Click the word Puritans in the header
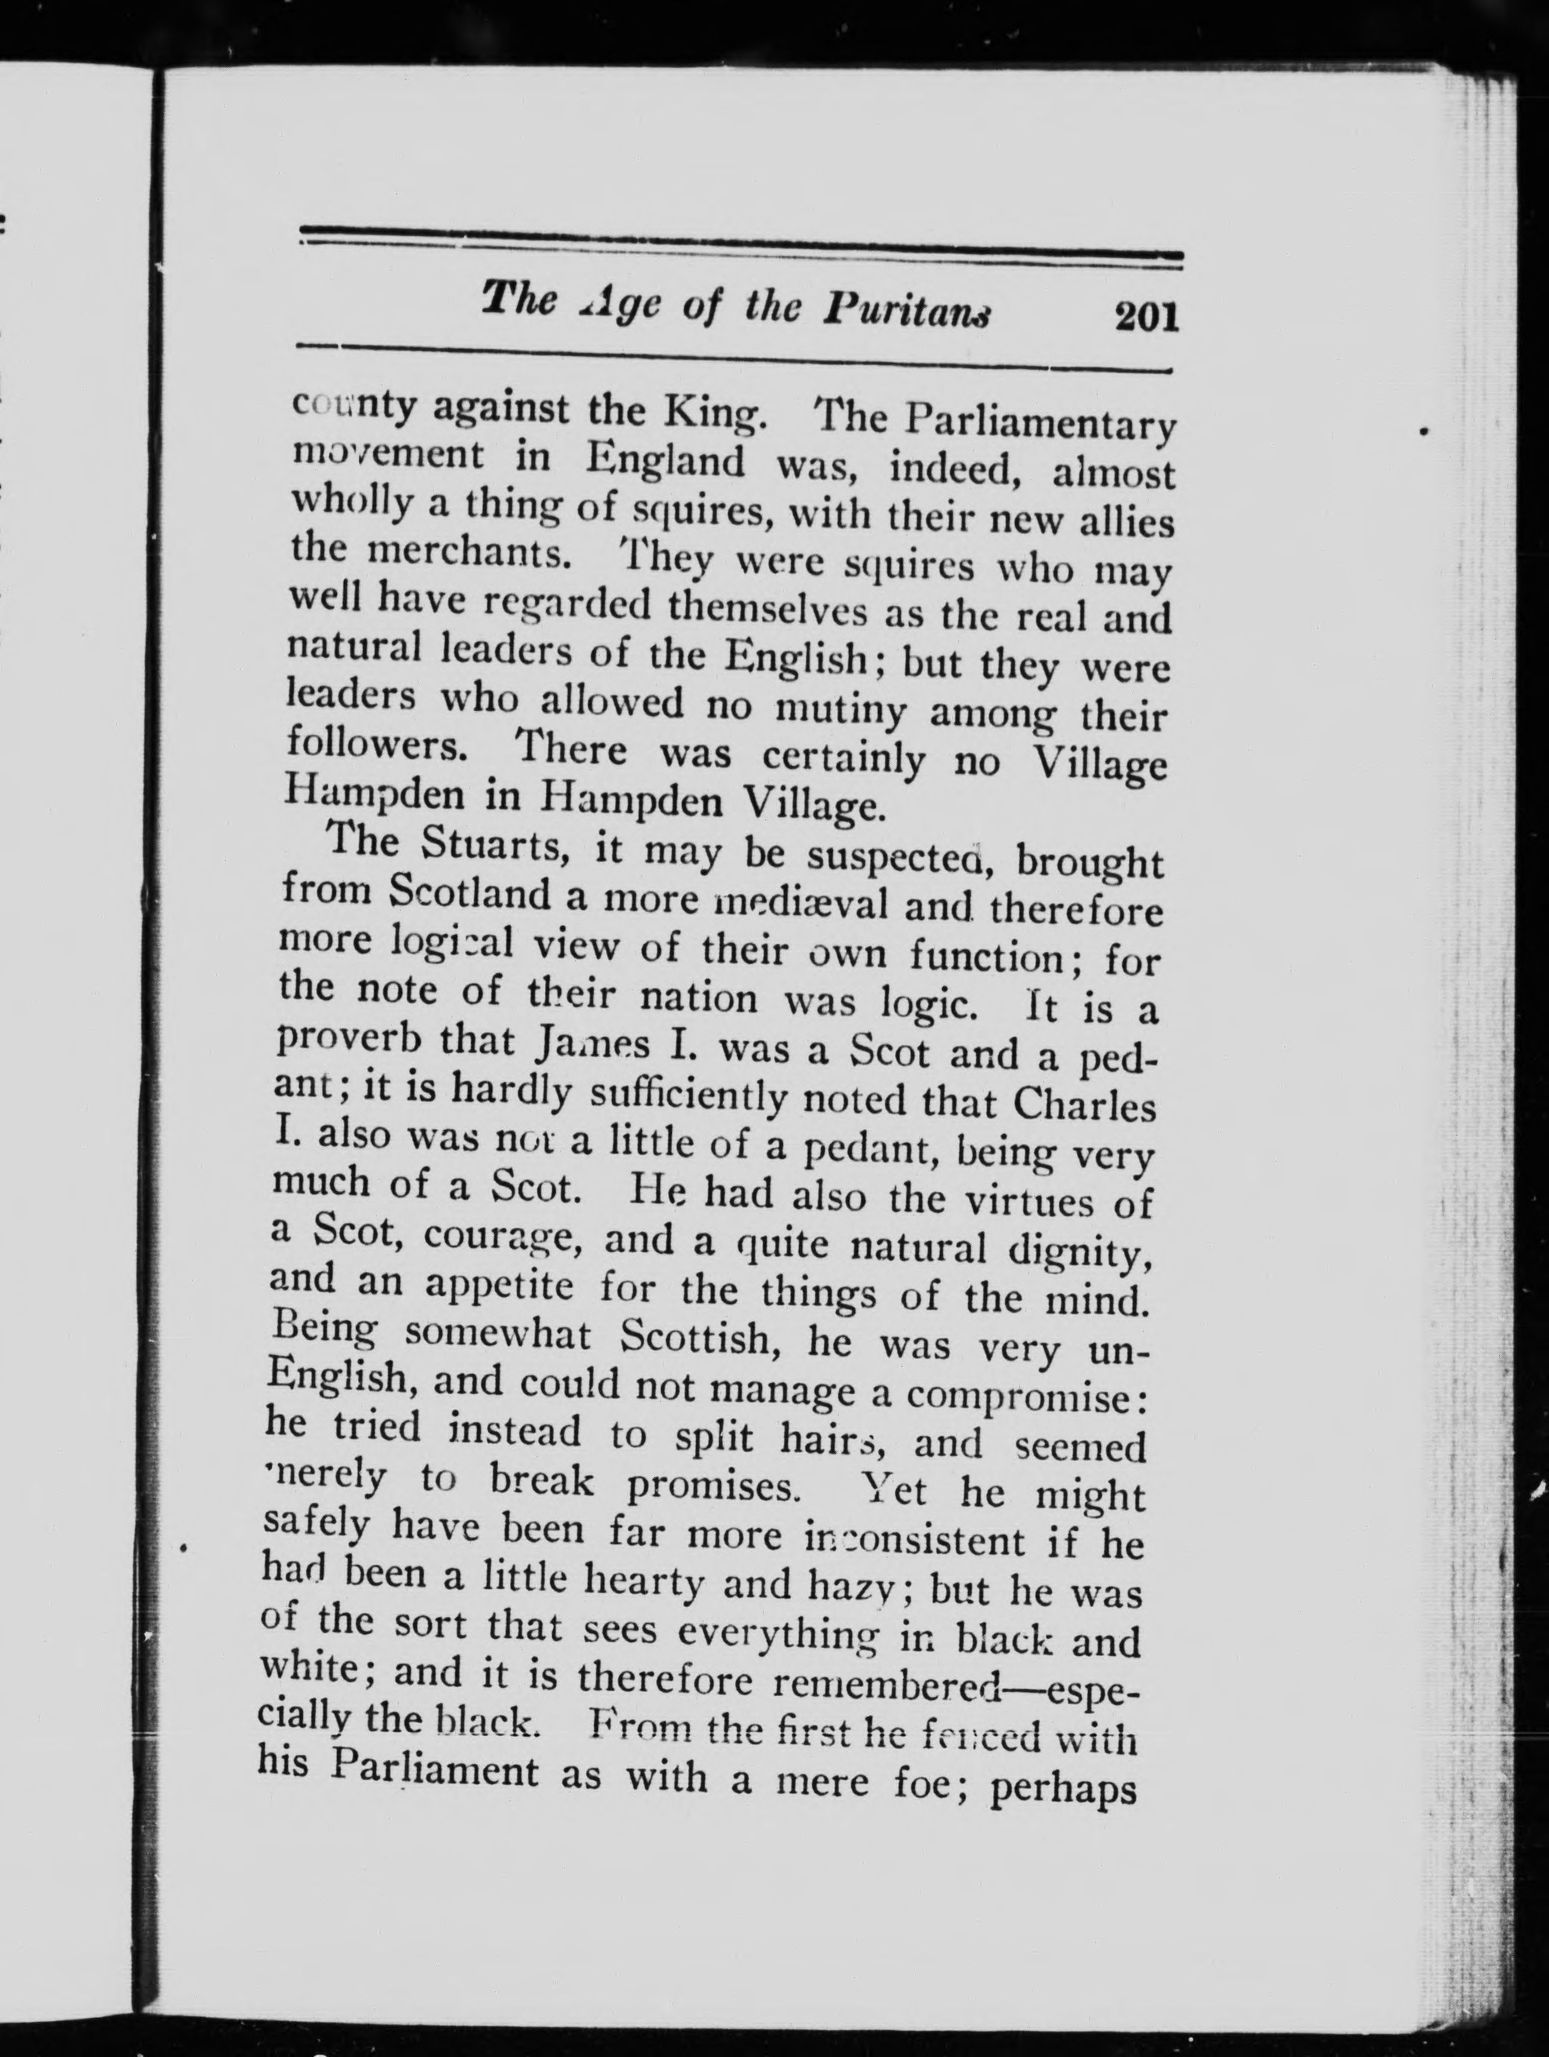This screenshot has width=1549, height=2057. (907, 312)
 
